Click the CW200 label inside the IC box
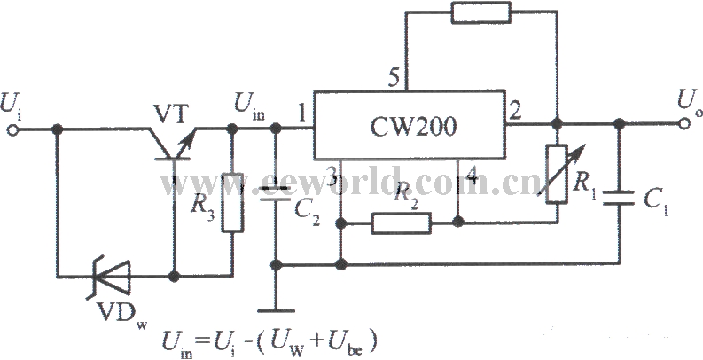point(412,127)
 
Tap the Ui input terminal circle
point(13,130)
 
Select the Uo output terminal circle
point(683,124)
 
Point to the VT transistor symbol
point(174,144)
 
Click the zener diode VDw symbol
point(112,277)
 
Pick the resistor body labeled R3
point(232,203)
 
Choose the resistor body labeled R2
point(402,223)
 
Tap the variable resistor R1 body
point(557,174)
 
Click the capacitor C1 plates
point(619,198)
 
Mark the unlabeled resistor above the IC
point(481,12)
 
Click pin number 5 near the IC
point(394,79)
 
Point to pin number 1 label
point(302,115)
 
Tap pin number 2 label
point(516,112)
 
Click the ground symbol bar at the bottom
point(277,310)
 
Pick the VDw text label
point(121,314)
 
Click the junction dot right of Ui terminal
point(57,130)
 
